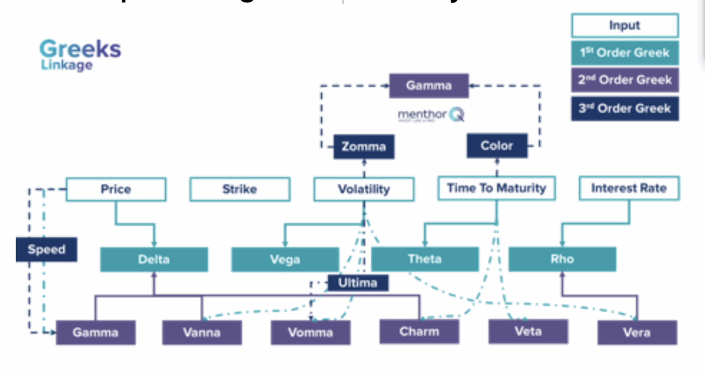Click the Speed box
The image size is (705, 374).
[46, 250]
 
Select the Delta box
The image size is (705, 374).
[154, 259]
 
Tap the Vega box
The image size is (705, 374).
[285, 259]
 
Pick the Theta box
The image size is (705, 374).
[424, 259]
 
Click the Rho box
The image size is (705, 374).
[562, 259]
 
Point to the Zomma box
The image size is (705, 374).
[364, 146]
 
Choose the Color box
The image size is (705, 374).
[496, 145]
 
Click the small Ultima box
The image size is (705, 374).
[358, 283]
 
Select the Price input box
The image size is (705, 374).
[116, 189]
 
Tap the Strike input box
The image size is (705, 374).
[240, 189]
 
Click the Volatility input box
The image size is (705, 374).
[364, 189]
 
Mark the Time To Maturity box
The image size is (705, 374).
[496, 189]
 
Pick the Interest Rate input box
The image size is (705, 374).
[629, 189]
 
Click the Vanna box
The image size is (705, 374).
[202, 333]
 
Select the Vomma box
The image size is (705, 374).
[310, 333]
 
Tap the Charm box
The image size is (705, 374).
[419, 332]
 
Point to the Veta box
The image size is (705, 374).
[528, 332]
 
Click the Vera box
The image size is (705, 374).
[637, 333]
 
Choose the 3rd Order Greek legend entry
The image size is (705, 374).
[625, 109]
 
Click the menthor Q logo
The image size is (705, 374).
[430, 115]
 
